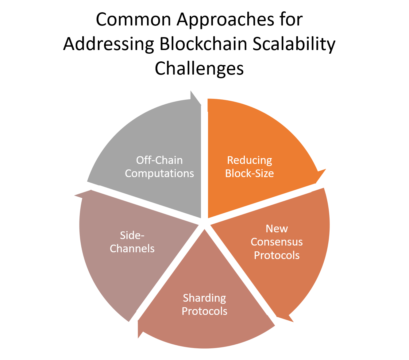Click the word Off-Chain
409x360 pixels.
pyautogui.click(x=159, y=160)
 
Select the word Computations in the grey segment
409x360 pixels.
pyautogui.click(x=159, y=173)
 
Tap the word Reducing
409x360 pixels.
pyautogui.click(x=249, y=160)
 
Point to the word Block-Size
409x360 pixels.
pyautogui.click(x=249, y=173)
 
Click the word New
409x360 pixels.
pyautogui.click(x=277, y=229)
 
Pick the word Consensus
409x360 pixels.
pyautogui.click(x=277, y=242)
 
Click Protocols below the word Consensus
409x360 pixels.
pyautogui.click(x=277, y=255)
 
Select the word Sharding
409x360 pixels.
pyautogui.click(x=204, y=298)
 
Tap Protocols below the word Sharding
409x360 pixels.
pyautogui.click(x=204, y=311)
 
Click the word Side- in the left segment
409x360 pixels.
pyautogui.click(x=132, y=235)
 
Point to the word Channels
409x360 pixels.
pyautogui.click(x=132, y=249)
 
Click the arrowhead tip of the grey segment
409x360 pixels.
pyautogui.click(x=195, y=97)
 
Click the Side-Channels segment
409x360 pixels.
pyautogui.click(x=107, y=276)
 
